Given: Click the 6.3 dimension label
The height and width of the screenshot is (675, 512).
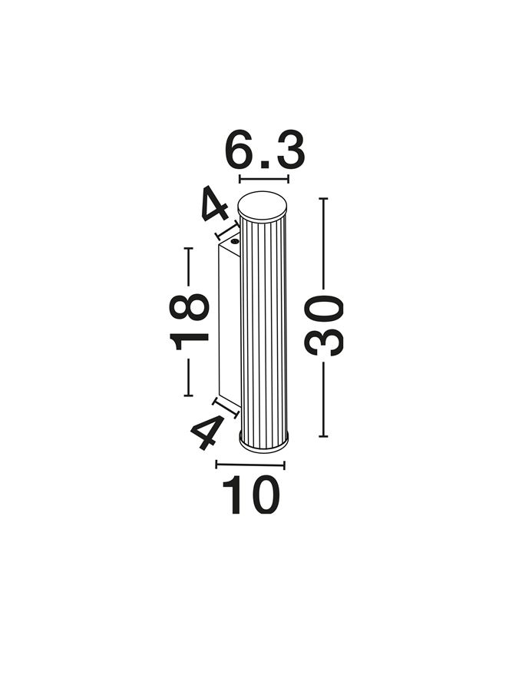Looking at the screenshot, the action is pyautogui.click(x=265, y=151).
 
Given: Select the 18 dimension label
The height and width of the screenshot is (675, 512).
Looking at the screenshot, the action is pyautogui.click(x=189, y=323).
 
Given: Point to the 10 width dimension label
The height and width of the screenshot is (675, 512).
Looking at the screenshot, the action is pyautogui.click(x=251, y=495).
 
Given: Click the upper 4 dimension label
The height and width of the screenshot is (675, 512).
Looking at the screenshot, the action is pyautogui.click(x=214, y=203).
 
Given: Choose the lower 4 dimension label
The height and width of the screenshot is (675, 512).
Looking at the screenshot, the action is pyautogui.click(x=208, y=431).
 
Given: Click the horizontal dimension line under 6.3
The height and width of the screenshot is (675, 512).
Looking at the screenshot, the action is pyautogui.click(x=264, y=179).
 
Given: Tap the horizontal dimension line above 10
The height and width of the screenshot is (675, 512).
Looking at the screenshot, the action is pyautogui.click(x=250, y=465).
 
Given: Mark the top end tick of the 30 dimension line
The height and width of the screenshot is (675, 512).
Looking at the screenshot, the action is pyautogui.click(x=323, y=198).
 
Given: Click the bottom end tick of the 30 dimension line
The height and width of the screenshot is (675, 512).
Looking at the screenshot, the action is pyautogui.click(x=323, y=436).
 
